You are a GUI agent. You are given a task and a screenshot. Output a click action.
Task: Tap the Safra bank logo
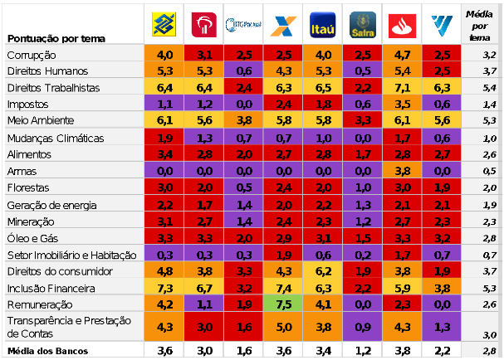[x=362, y=26]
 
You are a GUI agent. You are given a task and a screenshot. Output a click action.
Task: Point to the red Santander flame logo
[x=402, y=26]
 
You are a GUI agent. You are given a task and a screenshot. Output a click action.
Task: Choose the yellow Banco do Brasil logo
[x=164, y=26]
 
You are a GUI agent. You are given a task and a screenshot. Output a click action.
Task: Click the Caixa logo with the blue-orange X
[x=282, y=26]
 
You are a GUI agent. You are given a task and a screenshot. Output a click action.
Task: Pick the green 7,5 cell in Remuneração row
[x=283, y=304]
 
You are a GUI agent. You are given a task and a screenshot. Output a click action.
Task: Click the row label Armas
[x=22, y=171]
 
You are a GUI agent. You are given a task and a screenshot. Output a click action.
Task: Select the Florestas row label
[x=28, y=187]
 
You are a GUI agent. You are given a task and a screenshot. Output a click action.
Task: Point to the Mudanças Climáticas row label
[x=55, y=138]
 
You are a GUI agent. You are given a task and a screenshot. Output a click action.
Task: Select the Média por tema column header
[x=477, y=26]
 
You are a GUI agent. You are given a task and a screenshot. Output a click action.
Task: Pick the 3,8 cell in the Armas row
[x=402, y=171]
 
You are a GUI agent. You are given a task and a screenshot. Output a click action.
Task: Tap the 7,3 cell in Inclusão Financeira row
[x=164, y=288]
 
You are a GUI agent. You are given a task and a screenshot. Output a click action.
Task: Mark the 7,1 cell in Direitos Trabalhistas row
[x=402, y=87]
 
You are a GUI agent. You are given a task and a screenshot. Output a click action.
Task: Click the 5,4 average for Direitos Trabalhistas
[x=489, y=87]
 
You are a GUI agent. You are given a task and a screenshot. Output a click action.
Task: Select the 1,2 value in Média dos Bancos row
[x=362, y=352]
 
